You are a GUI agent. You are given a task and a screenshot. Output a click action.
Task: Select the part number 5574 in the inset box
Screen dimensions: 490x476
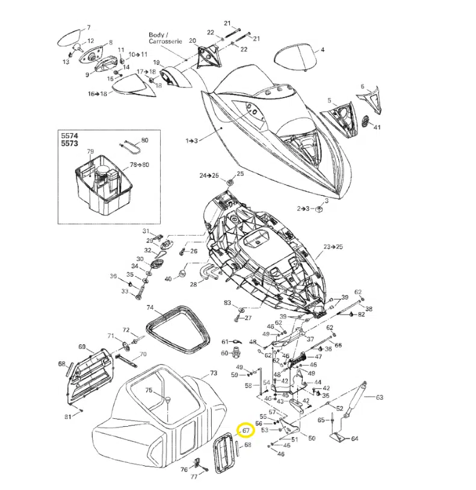click(x=70, y=137)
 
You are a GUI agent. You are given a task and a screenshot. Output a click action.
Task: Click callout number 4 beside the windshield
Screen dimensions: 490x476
click(x=322, y=50)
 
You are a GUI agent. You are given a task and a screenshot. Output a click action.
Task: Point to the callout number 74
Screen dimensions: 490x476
click(x=150, y=307)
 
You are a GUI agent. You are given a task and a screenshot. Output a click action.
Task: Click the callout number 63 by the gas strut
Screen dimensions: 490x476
click(x=379, y=397)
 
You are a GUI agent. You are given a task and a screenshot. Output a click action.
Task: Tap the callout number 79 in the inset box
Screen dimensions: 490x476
click(x=90, y=151)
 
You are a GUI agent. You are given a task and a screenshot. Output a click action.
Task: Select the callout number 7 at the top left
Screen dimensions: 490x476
click(x=88, y=28)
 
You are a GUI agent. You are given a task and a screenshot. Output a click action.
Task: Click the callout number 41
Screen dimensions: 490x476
click(x=377, y=127)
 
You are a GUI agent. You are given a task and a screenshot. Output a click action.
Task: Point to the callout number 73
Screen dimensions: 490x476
click(x=213, y=374)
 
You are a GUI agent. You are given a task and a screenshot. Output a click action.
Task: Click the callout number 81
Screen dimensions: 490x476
click(x=67, y=417)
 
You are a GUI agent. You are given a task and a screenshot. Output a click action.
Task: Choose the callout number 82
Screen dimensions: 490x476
click(x=361, y=315)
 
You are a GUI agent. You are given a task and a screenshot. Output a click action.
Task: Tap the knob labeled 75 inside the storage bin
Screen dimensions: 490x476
click(x=169, y=400)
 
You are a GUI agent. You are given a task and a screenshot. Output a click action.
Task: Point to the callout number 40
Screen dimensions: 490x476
click(x=168, y=278)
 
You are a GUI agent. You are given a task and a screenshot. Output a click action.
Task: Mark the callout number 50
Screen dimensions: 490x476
click(x=312, y=438)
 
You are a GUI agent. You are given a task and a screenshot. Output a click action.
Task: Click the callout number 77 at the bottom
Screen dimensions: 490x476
click(x=194, y=476)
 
